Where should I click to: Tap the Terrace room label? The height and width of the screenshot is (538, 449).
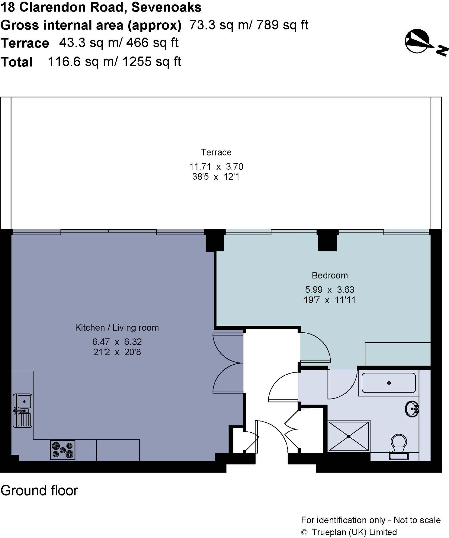[x=216, y=152]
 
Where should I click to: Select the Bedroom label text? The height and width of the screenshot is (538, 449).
[x=330, y=275]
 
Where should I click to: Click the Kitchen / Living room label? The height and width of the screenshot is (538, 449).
[x=117, y=328]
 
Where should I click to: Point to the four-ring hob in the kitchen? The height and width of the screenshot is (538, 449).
[x=63, y=450]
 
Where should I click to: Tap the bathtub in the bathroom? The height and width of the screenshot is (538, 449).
[x=389, y=383]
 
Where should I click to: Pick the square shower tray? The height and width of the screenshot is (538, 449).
[x=349, y=436]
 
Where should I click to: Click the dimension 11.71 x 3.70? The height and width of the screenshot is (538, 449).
[x=216, y=167]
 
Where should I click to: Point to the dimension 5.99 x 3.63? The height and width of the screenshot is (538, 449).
[x=330, y=289]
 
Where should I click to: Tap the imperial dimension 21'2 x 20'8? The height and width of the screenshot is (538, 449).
[x=117, y=352]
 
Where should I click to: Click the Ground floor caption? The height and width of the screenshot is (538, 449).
[x=39, y=491]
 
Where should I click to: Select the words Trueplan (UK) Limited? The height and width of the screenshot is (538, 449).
[x=354, y=532]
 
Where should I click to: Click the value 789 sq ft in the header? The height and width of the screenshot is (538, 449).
[x=282, y=25]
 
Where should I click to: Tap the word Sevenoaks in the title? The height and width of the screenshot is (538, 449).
[x=166, y=7]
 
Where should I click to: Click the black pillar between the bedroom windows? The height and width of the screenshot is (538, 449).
[x=327, y=240]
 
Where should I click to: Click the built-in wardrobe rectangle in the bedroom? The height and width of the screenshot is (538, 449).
[x=397, y=354]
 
